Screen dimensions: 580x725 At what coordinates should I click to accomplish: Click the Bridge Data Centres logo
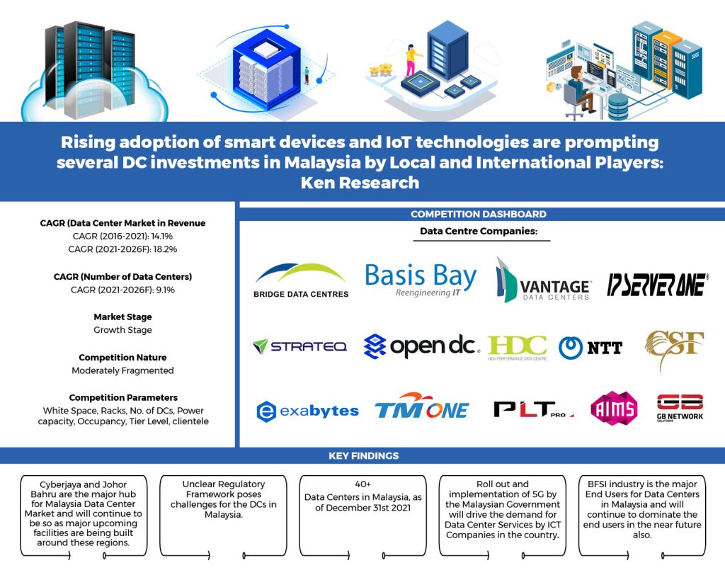coord(300,280)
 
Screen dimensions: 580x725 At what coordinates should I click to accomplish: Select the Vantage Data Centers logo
coord(543,280)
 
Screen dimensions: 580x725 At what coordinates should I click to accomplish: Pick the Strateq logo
coord(299,346)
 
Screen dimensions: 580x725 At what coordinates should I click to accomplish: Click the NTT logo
coord(590,347)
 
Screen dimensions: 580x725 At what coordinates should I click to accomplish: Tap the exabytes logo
coord(307,410)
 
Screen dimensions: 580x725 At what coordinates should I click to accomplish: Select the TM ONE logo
coord(421,407)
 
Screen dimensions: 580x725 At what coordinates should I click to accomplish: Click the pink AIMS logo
coord(614,408)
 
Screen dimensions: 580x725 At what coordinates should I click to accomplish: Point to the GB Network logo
coord(680,408)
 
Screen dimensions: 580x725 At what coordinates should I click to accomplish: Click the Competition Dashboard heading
coord(479,214)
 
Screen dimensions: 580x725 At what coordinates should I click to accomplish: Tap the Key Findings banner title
coord(362,456)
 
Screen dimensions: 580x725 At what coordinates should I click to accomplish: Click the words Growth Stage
coord(122,330)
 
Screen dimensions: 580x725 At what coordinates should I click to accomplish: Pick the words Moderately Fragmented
coord(122,370)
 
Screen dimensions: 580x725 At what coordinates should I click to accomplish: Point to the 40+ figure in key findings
coord(362,485)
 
